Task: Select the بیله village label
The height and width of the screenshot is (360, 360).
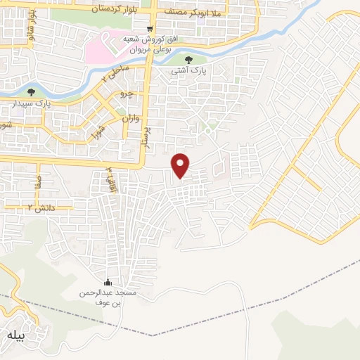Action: click(15, 335)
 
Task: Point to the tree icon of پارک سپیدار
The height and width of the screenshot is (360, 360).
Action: click(30, 91)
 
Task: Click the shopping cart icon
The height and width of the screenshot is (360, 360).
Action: click(150, 28)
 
